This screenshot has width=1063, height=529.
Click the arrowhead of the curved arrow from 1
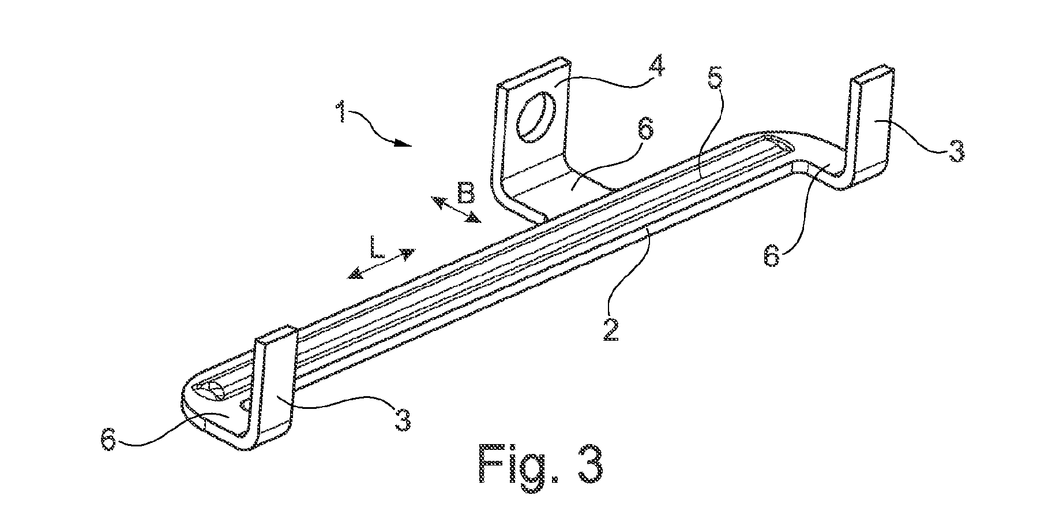(404, 143)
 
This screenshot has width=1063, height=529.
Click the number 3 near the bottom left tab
(402, 420)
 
